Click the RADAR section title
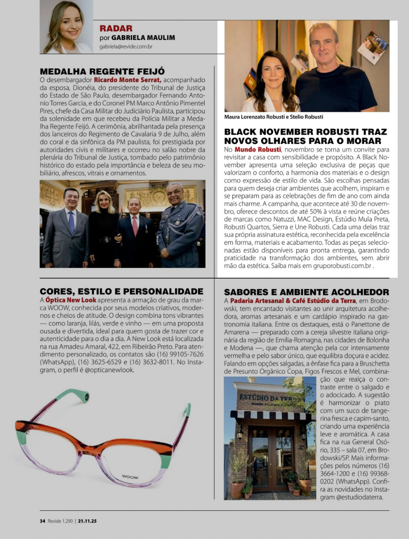coord(116,28)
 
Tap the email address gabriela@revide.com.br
coord(126,47)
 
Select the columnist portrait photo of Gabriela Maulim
coord(66,26)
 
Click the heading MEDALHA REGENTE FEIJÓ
coord(102,72)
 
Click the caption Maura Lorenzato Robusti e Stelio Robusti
coord(274,117)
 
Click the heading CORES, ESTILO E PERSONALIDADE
coord(121,291)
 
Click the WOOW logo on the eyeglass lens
coord(130,477)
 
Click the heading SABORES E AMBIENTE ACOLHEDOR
coord(306,292)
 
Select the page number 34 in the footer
coord(42,521)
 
